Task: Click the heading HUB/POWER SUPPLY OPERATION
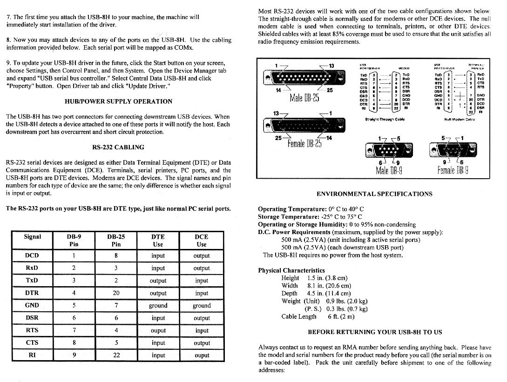pyautogui.click(x=118, y=101)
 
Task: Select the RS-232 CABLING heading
pyautogui.click(x=118, y=147)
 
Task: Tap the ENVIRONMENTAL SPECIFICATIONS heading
pyautogui.click(x=374, y=194)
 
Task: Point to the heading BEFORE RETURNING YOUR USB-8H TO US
pyautogui.click(x=375, y=332)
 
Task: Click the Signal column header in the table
pyautogui.click(x=32, y=237)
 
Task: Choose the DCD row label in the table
pyautogui.click(x=32, y=256)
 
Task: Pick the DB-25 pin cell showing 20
pyautogui.click(x=116, y=293)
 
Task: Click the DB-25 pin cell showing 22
pyautogui.click(x=116, y=355)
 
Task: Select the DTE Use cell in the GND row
pyautogui.click(x=158, y=306)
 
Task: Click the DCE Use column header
pyautogui.click(x=202, y=240)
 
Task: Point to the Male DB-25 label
pyautogui.click(x=304, y=98)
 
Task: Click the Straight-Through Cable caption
pyautogui.click(x=385, y=120)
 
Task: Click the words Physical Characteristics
pyautogui.click(x=291, y=270)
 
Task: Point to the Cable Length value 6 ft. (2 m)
pyautogui.click(x=341, y=317)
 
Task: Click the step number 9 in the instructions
pyautogui.click(x=8, y=63)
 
